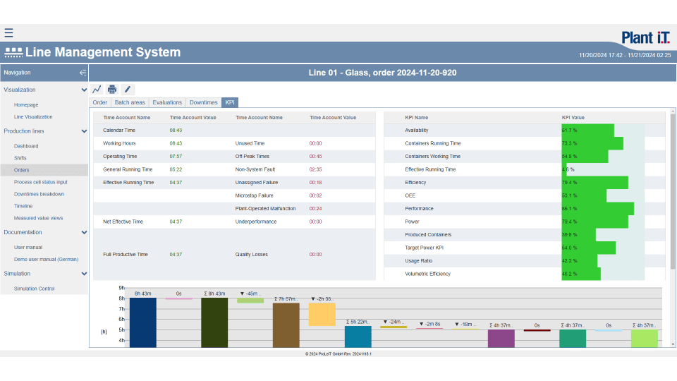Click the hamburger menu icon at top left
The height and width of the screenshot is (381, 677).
tap(8, 32)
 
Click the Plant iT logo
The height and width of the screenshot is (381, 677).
tap(646, 37)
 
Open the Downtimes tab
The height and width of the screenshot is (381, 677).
tap(204, 102)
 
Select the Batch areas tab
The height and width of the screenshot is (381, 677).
tap(130, 102)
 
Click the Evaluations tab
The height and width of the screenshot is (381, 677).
tap(167, 102)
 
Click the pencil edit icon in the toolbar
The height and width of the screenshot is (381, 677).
tap(127, 89)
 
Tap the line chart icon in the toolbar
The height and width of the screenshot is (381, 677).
tap(97, 89)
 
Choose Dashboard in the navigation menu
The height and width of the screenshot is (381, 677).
tap(26, 146)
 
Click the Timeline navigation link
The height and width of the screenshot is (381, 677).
tap(23, 206)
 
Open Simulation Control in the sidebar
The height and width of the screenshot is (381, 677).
tap(34, 289)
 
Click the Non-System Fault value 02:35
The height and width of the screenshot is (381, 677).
tap(315, 169)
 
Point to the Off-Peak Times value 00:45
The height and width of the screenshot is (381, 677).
tap(315, 157)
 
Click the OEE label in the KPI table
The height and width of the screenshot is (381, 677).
tap(410, 195)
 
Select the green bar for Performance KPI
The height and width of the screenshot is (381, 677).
tap(597, 209)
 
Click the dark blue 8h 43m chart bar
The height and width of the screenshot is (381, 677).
tap(142, 322)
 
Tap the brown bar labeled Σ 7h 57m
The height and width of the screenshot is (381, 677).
tap(286, 325)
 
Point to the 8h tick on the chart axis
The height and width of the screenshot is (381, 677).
tap(121, 298)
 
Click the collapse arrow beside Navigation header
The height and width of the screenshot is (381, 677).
tap(83, 73)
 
